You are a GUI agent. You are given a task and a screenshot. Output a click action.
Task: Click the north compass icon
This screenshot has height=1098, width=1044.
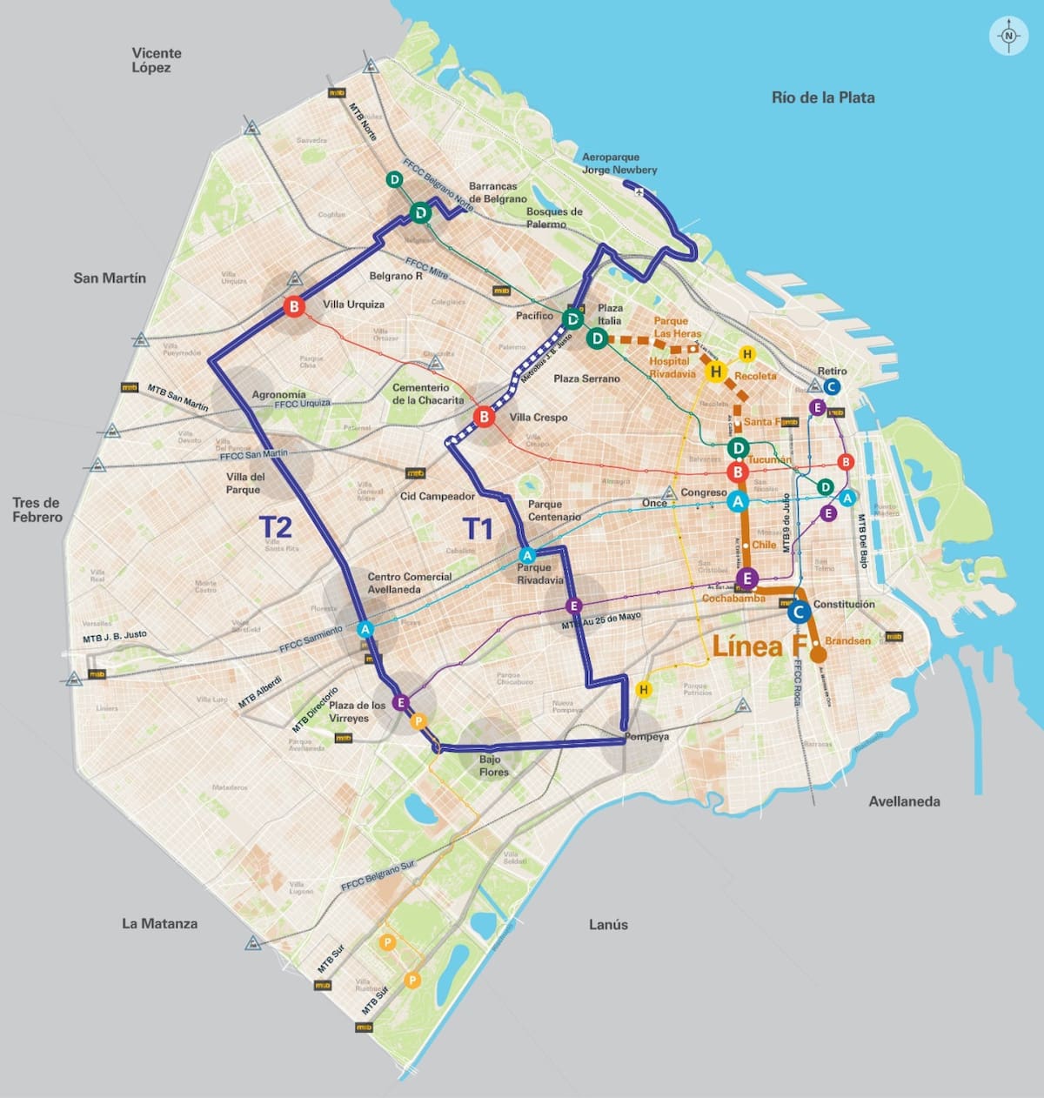(1008, 37)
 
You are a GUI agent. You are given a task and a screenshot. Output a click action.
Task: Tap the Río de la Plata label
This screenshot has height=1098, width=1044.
(822, 97)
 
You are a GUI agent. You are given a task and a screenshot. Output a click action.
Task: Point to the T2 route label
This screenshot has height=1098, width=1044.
(275, 527)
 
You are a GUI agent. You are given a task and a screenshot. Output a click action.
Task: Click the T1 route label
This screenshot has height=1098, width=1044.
(477, 529)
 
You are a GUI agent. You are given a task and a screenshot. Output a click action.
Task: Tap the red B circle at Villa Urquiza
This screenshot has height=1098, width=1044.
(294, 306)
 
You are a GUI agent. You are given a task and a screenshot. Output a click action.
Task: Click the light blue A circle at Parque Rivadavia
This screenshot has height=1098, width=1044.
(526, 556)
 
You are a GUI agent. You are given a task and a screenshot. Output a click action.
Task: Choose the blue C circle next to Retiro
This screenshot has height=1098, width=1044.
(831, 387)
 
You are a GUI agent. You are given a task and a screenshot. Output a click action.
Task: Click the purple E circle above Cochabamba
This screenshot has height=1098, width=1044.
(746, 578)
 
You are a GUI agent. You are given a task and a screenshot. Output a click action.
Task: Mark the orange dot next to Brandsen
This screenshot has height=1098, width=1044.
(818, 655)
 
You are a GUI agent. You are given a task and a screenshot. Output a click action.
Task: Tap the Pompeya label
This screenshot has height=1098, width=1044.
(646, 737)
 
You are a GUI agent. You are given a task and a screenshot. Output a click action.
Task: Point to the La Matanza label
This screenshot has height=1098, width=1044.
(159, 923)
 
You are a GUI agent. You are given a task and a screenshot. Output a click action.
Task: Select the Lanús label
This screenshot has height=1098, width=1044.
(607, 924)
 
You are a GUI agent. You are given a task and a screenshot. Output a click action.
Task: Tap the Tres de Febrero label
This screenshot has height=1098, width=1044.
(37, 510)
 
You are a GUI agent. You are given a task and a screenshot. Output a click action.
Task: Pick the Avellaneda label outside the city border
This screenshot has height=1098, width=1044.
(904, 801)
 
